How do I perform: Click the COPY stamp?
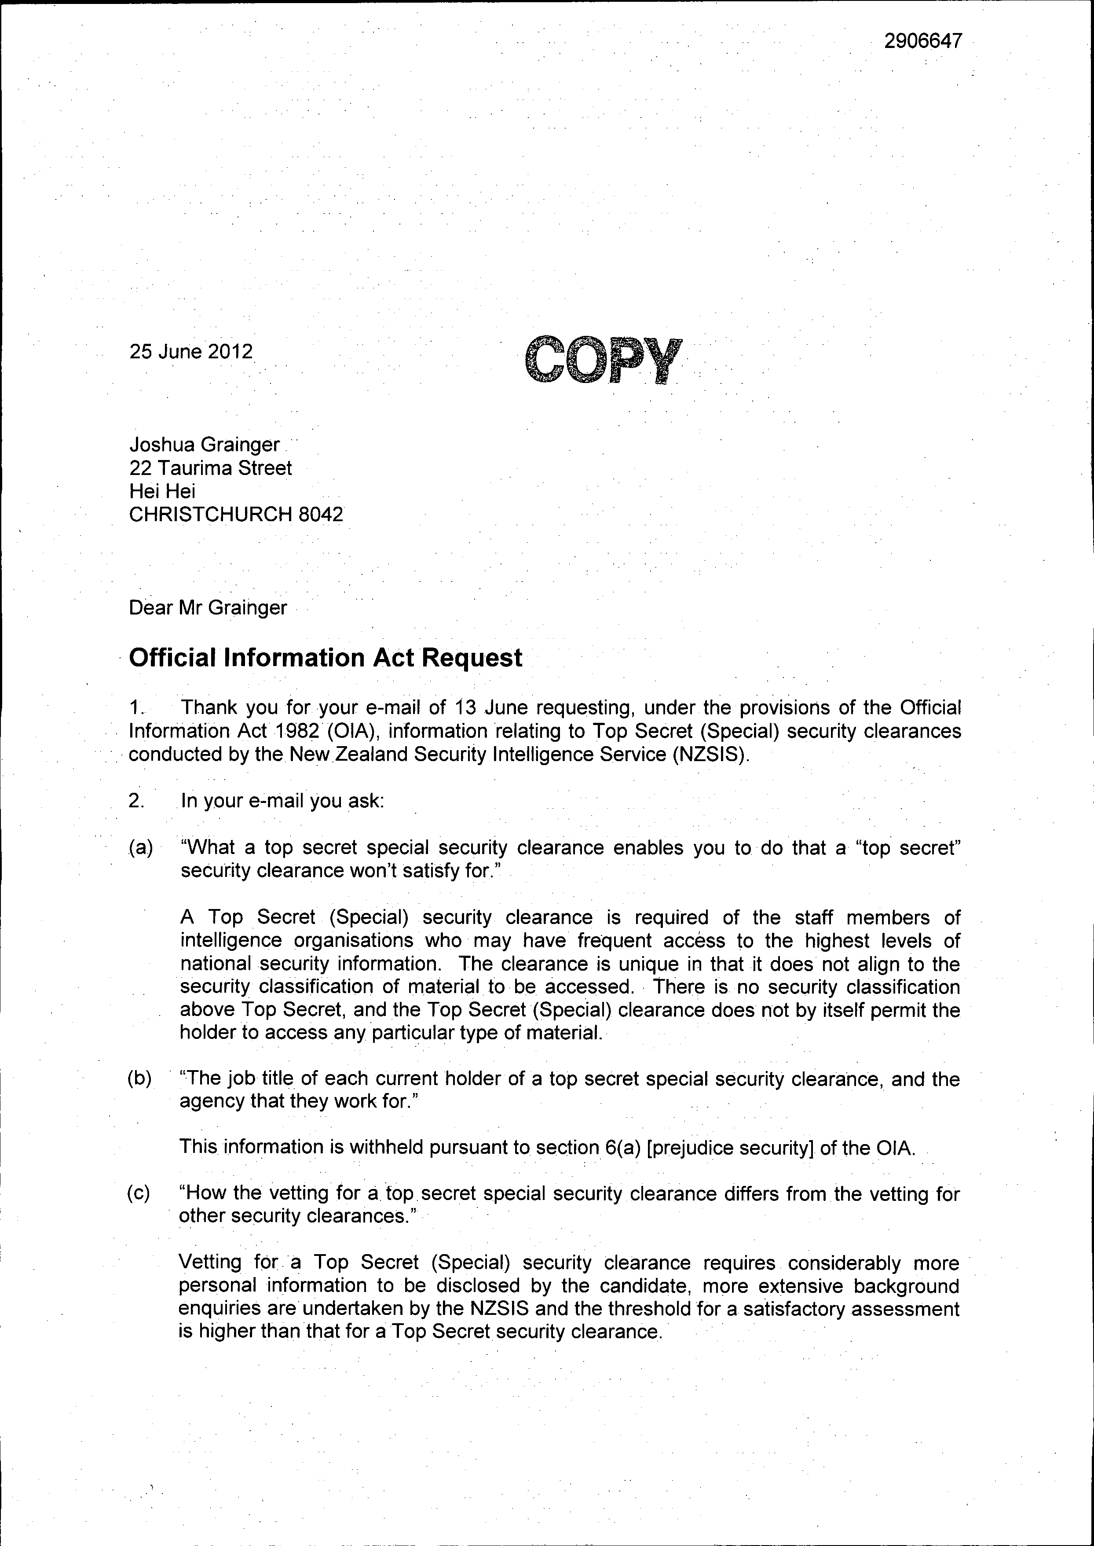pyautogui.click(x=604, y=360)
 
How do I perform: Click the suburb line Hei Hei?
pyautogui.click(x=162, y=491)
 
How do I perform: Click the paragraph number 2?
pyautogui.click(x=137, y=801)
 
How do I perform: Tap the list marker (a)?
pyautogui.click(x=141, y=848)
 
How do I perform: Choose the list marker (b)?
pyautogui.click(x=140, y=1079)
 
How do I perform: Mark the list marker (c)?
pyautogui.click(x=140, y=1193)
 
